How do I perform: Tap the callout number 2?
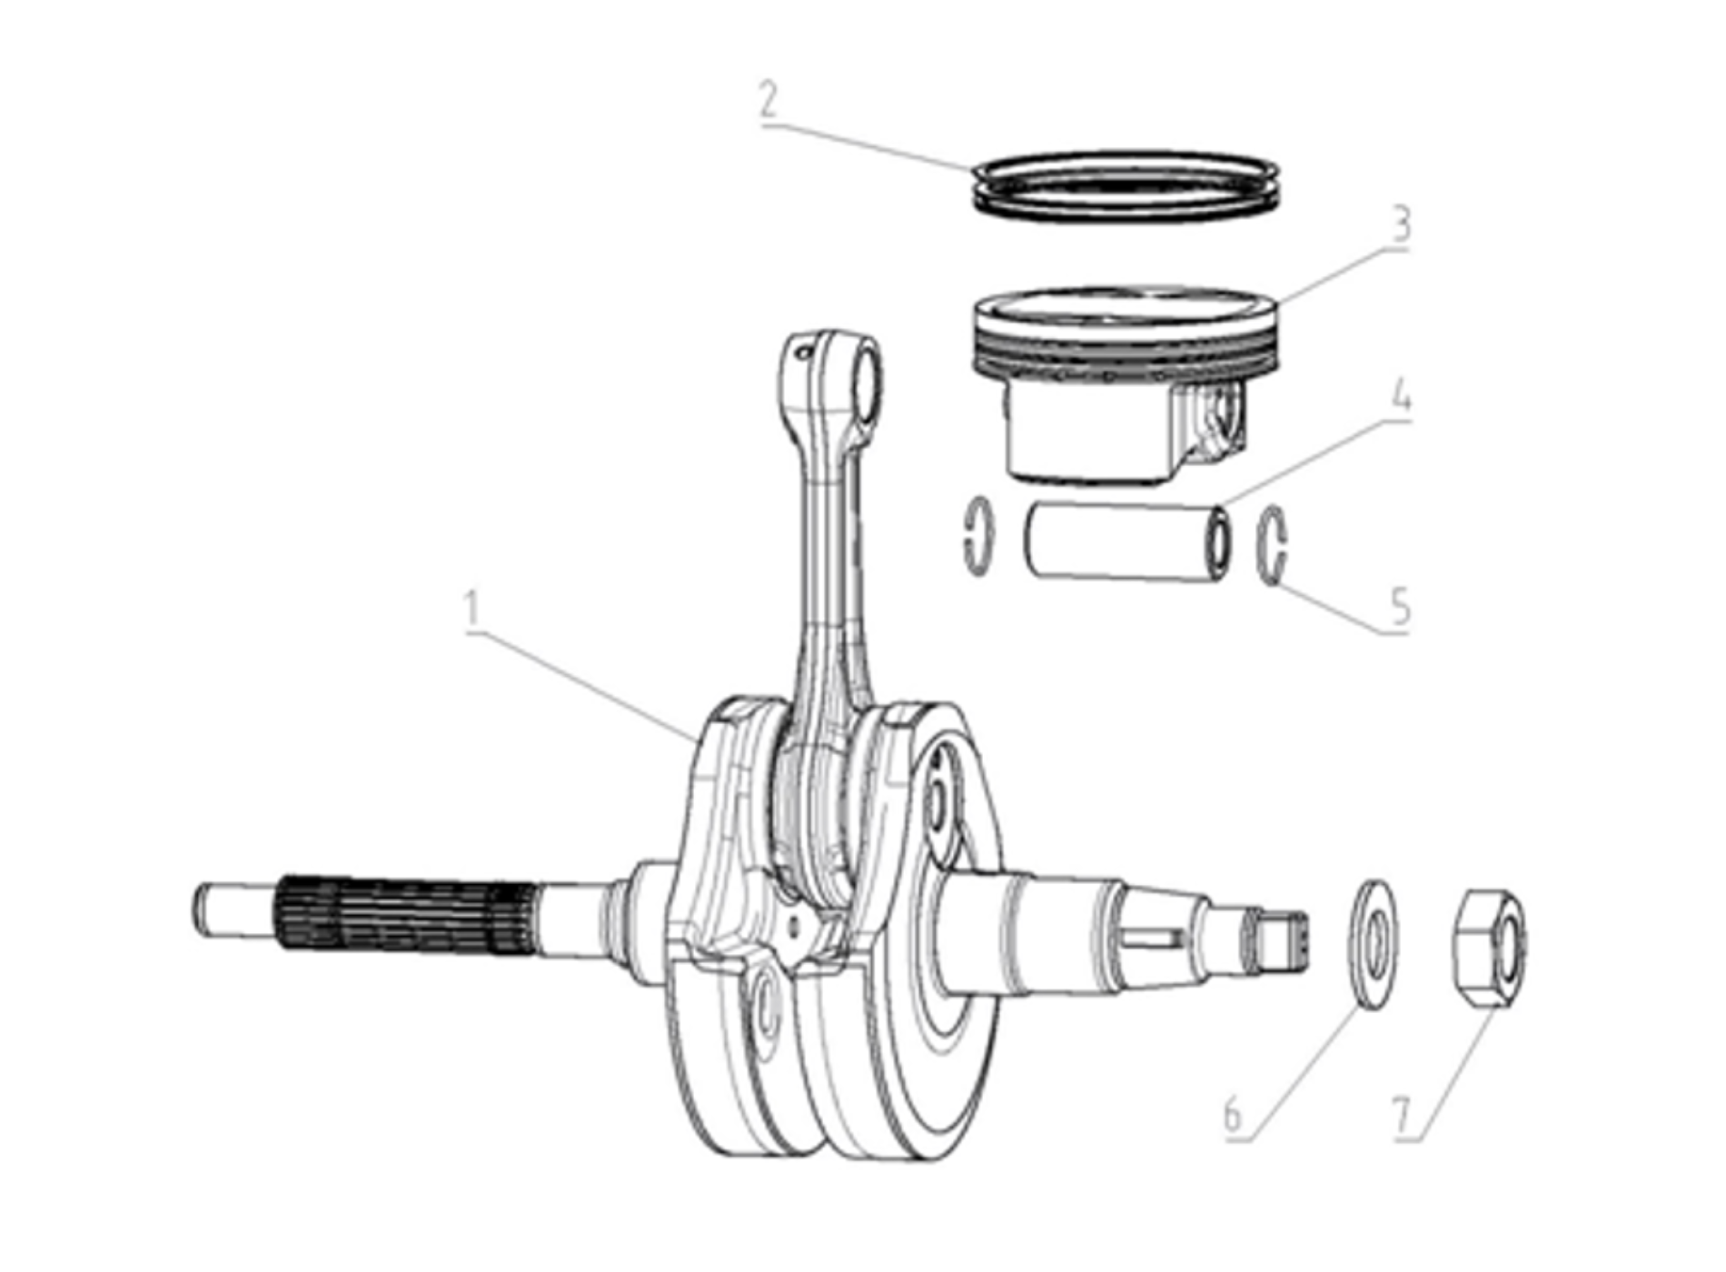point(769,101)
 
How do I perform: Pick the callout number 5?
point(1401,606)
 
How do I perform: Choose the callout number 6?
point(1232,1114)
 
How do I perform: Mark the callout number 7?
point(1403,1115)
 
